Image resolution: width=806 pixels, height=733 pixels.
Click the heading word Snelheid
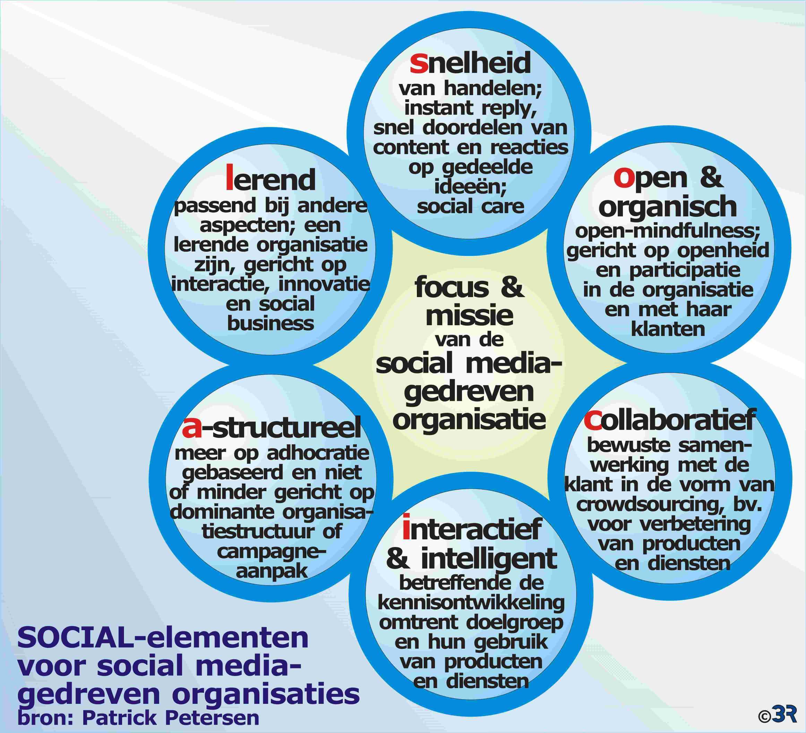[x=471, y=63]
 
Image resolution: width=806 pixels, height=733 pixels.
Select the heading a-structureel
[x=272, y=427]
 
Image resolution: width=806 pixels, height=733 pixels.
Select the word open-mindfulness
[x=668, y=231]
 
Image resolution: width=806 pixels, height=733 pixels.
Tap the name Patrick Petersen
[x=171, y=717]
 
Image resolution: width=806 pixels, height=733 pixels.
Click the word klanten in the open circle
[x=668, y=329]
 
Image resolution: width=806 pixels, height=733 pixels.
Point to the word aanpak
[x=272, y=572]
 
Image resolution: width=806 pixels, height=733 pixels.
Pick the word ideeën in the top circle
[x=471, y=186]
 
